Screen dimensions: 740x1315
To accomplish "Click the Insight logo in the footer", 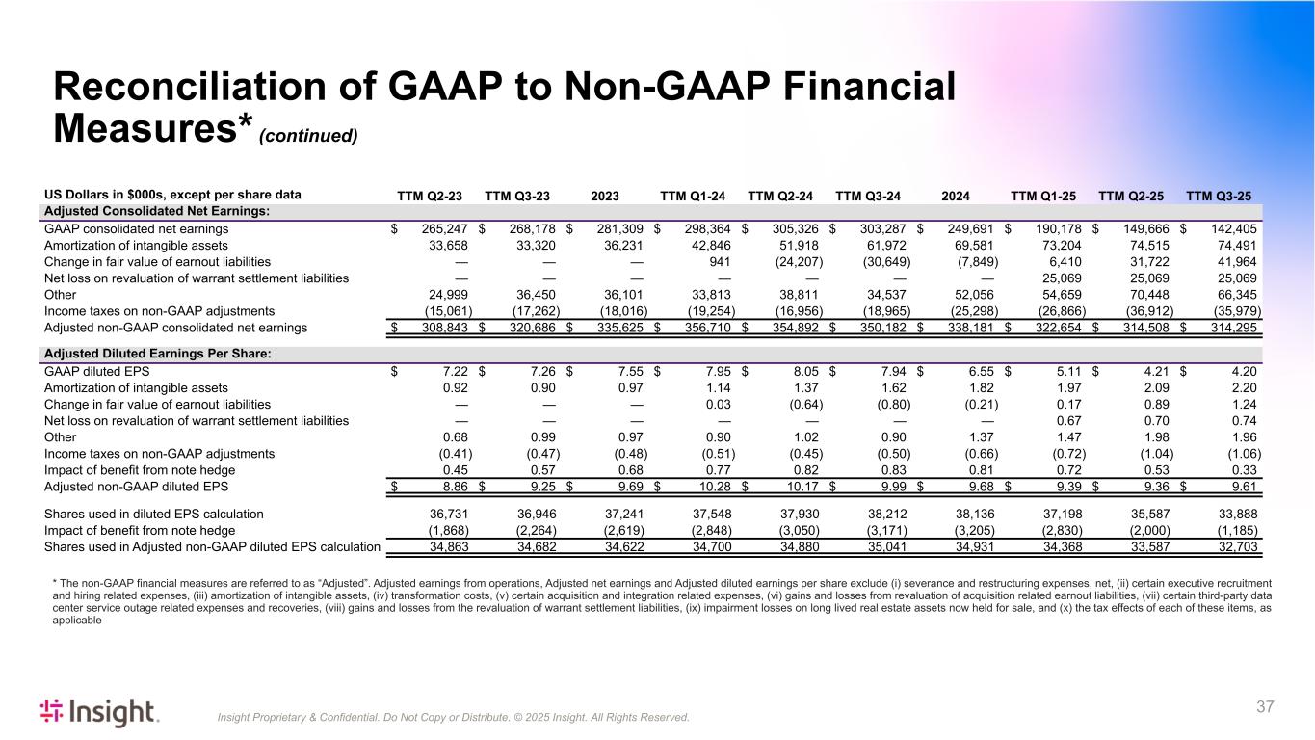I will click(x=99, y=713).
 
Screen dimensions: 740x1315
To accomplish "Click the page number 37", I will click(x=1265, y=707).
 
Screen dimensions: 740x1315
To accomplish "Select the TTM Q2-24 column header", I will click(x=780, y=196).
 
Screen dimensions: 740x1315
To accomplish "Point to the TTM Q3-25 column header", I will click(x=1219, y=196).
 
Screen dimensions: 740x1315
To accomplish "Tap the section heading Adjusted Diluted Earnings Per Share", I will click(x=157, y=354).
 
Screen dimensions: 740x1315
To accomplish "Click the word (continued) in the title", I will click(x=308, y=136).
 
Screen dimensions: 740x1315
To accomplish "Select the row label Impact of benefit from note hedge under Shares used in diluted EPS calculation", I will click(x=140, y=531).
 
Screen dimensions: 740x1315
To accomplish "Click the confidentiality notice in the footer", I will click(x=454, y=718).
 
